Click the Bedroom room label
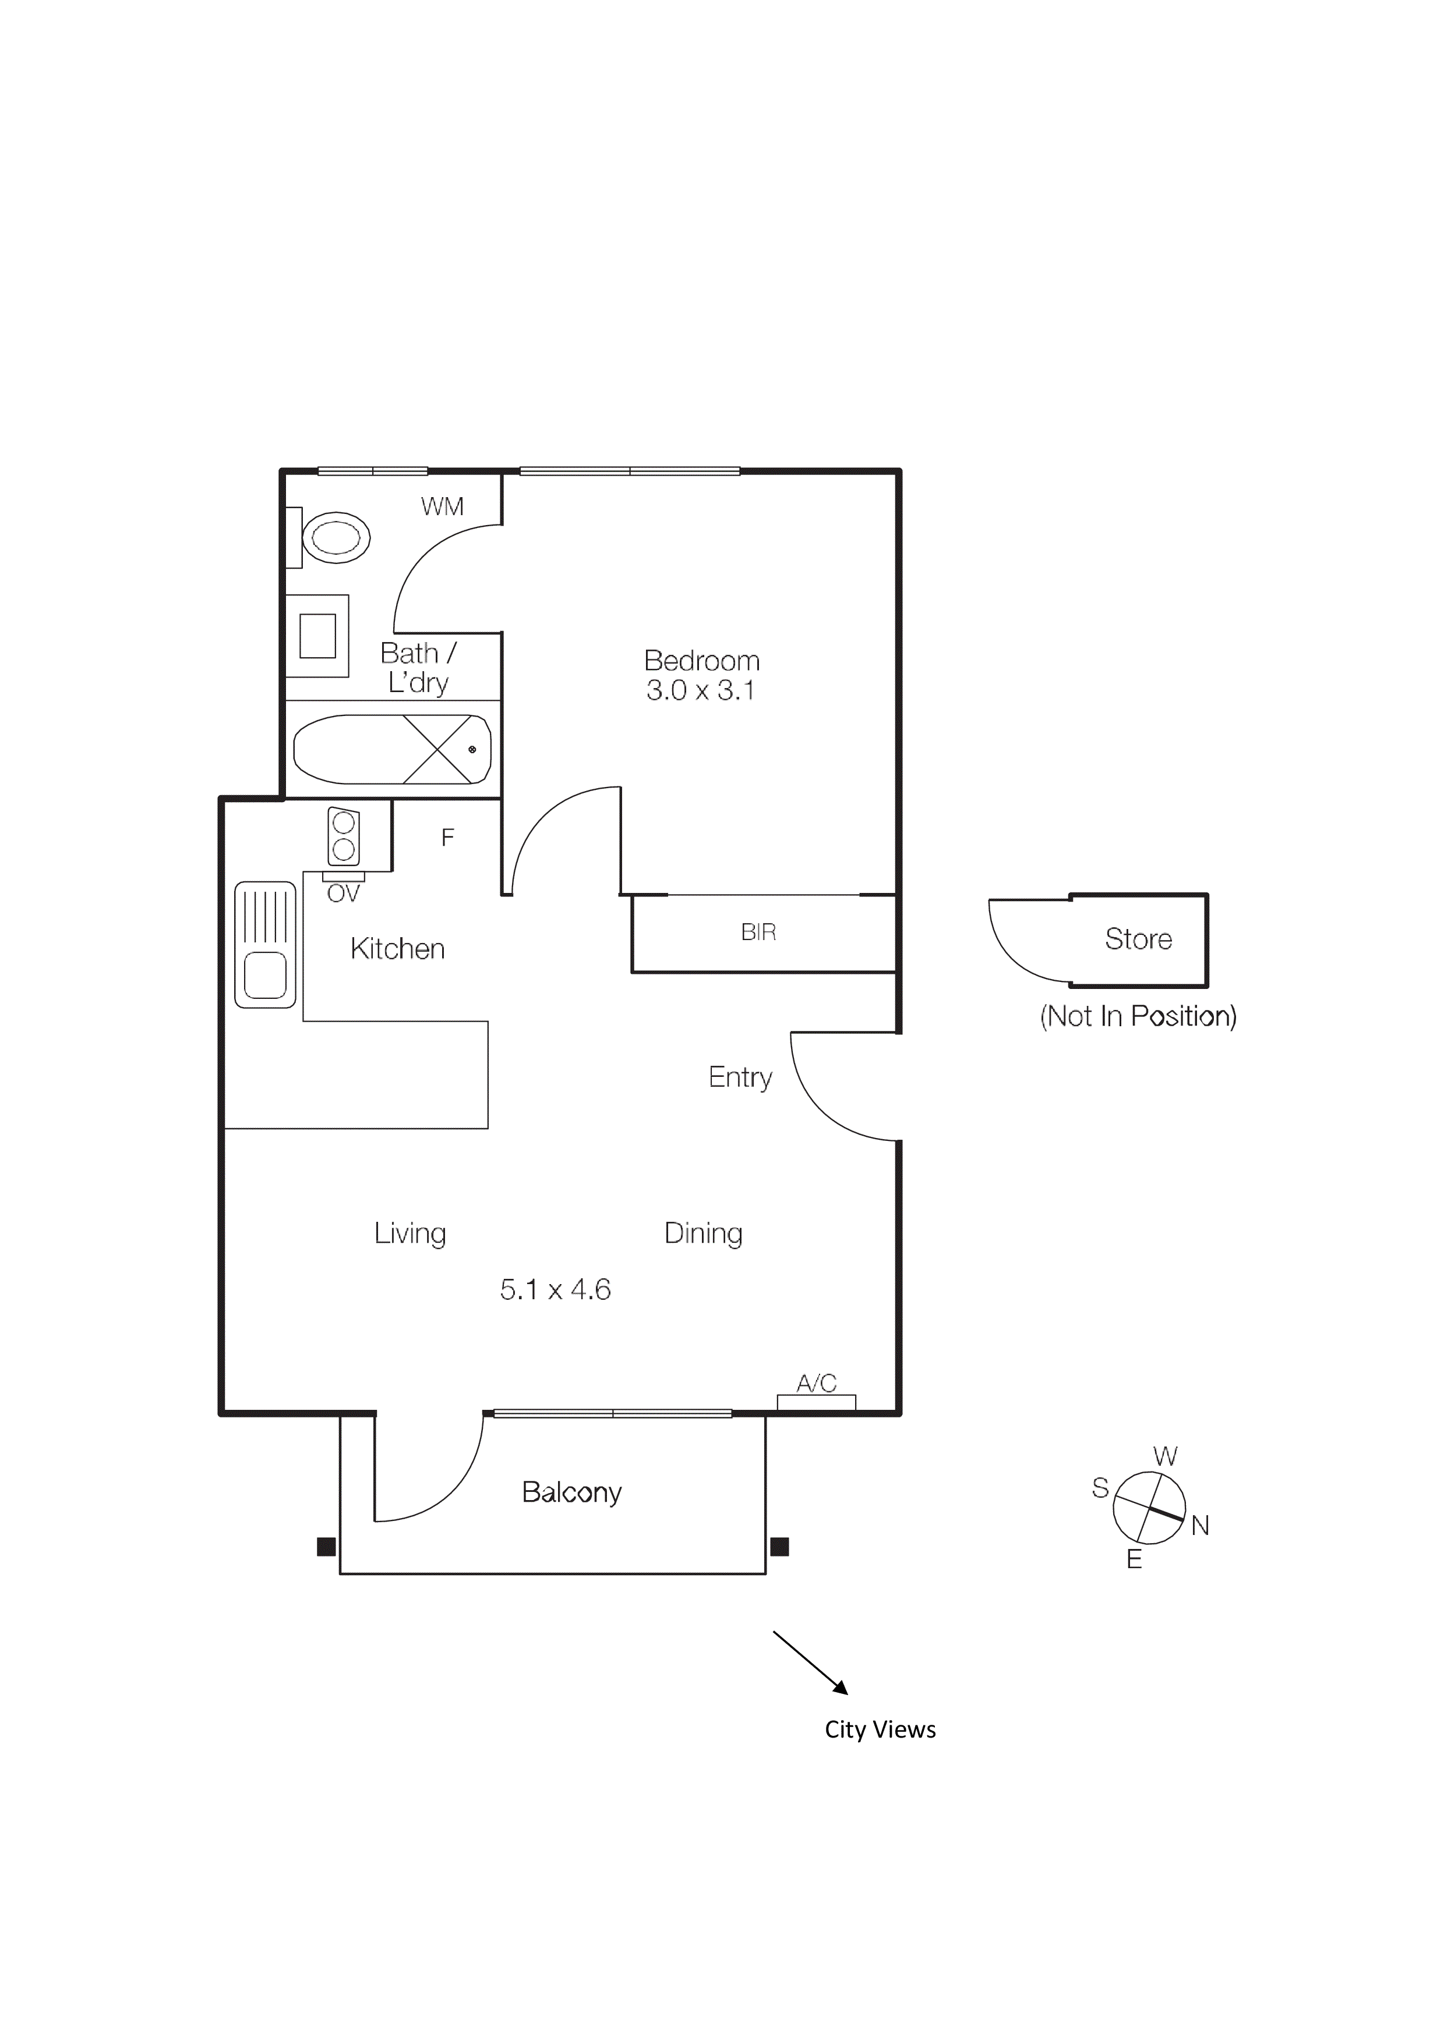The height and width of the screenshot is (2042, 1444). pos(701,661)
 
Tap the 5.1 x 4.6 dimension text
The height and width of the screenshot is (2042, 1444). pos(555,1289)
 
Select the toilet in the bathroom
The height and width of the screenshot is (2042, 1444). pos(336,537)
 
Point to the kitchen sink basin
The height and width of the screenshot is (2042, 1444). pos(265,975)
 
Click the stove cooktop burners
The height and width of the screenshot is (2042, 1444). pos(344,836)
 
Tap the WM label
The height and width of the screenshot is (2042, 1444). pos(442,507)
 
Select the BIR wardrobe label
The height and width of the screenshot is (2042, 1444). pos(758,932)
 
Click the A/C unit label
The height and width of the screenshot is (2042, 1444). pos(816,1383)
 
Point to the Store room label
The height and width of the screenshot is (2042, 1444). pos(1138,939)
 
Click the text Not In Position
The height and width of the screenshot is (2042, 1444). pos(1138,1016)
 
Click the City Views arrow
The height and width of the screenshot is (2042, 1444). pos(810,1662)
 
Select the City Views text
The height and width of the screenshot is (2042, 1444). pos(880,1730)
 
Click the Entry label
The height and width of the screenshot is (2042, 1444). pos(740,1077)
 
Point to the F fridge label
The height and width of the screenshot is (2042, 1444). pos(447,837)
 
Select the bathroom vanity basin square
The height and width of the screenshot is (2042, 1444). pos(317,636)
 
